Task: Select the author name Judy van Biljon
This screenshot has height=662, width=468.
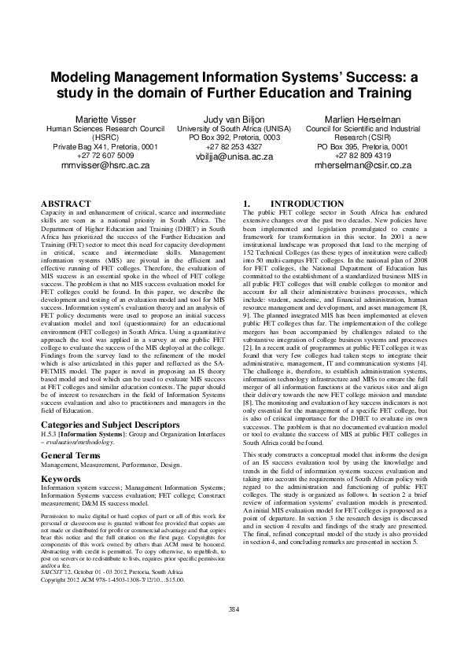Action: (x=234, y=118)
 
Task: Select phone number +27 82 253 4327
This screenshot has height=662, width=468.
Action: (x=234, y=146)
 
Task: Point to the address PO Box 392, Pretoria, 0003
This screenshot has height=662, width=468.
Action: (x=234, y=137)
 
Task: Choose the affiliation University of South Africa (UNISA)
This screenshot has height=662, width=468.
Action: (x=234, y=127)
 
